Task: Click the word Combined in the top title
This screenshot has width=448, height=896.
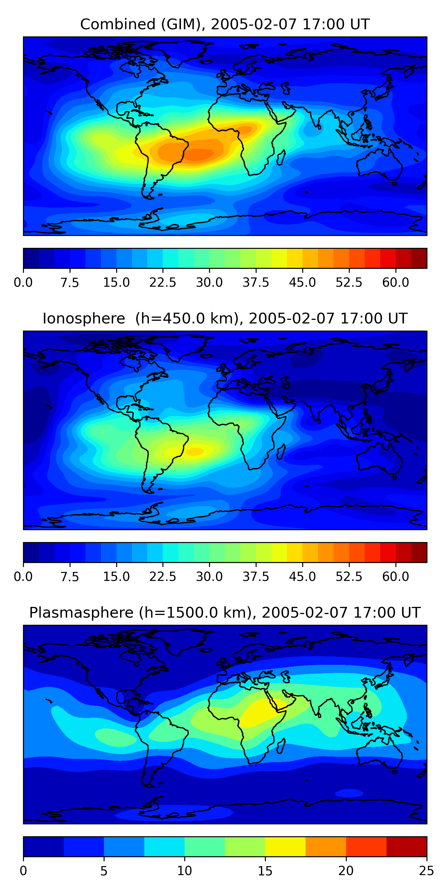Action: [x=118, y=24]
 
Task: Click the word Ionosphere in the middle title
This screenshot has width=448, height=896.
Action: [x=84, y=318]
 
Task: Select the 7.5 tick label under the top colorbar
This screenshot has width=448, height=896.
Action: [x=70, y=283]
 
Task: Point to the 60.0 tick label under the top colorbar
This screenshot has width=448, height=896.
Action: [x=395, y=283]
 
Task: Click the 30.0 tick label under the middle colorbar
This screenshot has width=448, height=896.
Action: [x=209, y=576]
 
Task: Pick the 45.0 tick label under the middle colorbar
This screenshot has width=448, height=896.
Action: [x=302, y=576]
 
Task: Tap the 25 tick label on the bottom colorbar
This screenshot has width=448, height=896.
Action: [x=426, y=871]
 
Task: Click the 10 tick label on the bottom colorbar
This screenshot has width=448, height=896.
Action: [x=184, y=871]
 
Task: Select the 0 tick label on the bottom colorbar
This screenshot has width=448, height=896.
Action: [x=23, y=871]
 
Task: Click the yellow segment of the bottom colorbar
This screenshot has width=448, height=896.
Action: [x=285, y=846]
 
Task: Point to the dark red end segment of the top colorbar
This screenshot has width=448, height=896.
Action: [x=419, y=258]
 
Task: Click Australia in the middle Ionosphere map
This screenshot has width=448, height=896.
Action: [x=379, y=459]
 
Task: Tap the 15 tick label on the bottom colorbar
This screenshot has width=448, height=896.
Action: [x=265, y=871]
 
